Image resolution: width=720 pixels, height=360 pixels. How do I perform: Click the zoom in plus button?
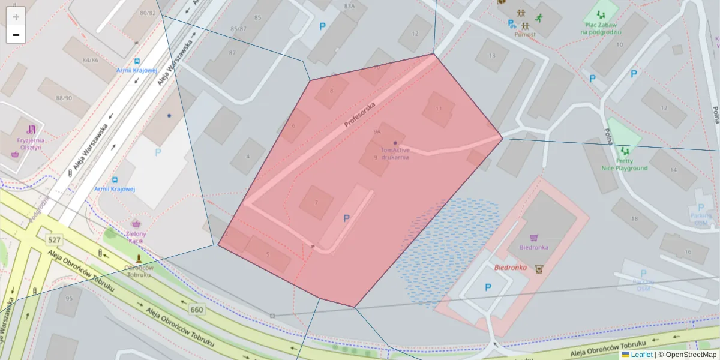click(x=16, y=17)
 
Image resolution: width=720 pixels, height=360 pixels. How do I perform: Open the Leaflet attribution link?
click(x=641, y=355)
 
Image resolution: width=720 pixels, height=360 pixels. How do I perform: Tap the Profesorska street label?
click(x=360, y=114)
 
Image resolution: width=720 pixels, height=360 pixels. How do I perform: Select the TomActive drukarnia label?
click(x=394, y=154)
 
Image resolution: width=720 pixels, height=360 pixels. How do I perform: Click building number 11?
click(x=439, y=109)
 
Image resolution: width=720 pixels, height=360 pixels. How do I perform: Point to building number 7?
click(x=316, y=202)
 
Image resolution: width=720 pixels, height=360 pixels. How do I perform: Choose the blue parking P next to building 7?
click(x=346, y=219)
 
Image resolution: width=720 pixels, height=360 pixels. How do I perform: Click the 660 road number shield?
click(x=196, y=310)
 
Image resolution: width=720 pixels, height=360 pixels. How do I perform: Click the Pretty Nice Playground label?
click(x=625, y=164)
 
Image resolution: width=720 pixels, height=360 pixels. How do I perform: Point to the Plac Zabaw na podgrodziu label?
click(x=600, y=29)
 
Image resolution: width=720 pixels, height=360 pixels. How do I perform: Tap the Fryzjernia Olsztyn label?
click(x=31, y=144)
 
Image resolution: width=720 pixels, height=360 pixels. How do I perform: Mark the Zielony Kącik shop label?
click(x=136, y=236)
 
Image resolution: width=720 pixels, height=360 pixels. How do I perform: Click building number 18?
click(x=634, y=218)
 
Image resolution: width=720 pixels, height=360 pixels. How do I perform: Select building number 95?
click(x=69, y=298)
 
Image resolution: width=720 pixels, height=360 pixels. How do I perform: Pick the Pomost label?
click(x=524, y=34)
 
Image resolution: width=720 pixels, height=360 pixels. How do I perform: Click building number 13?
click(x=492, y=56)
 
